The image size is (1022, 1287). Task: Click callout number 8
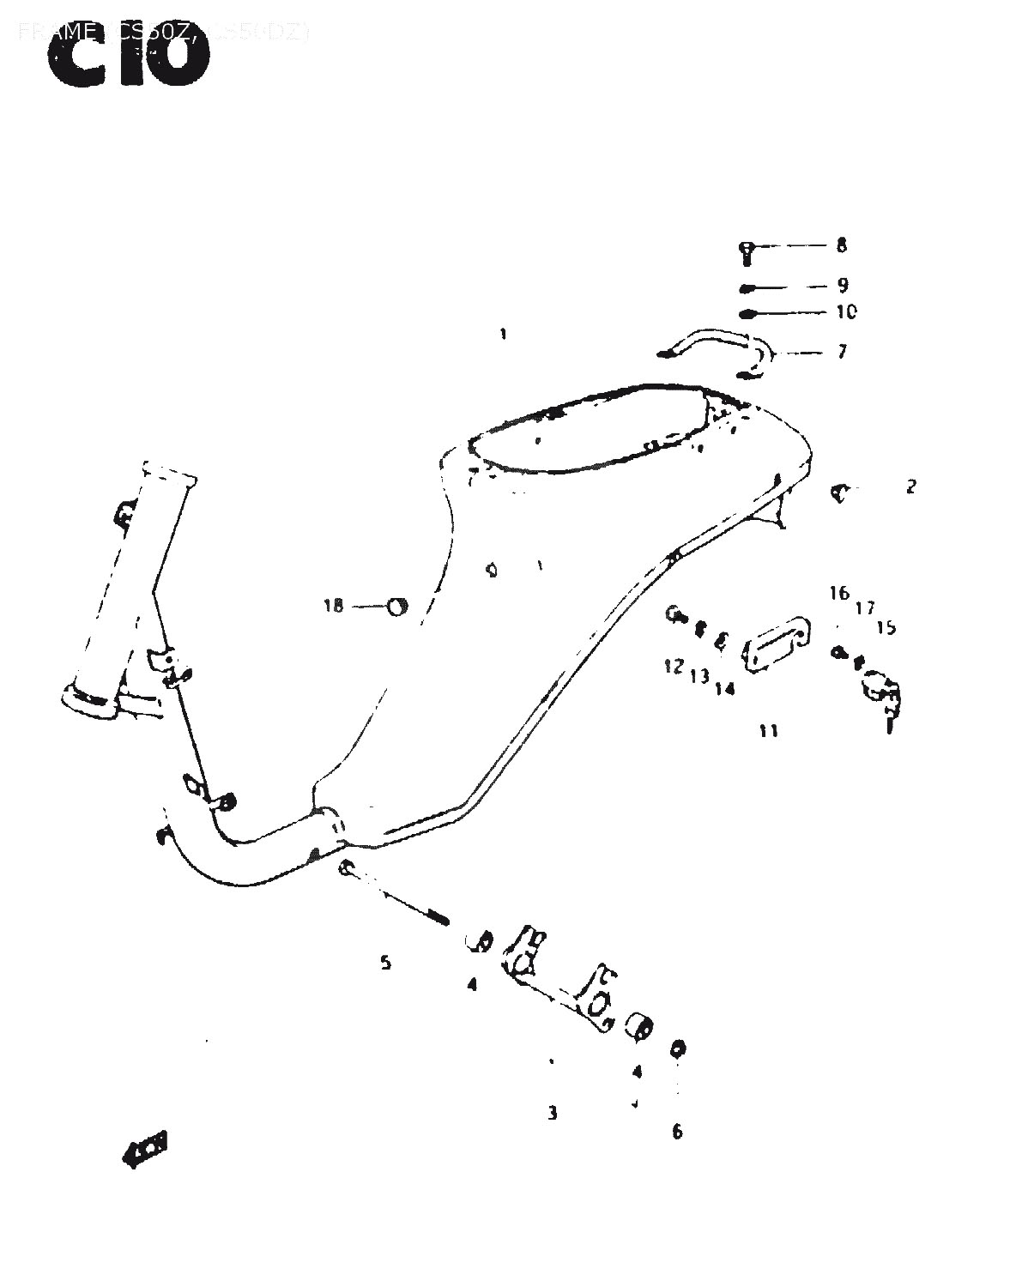[x=841, y=245]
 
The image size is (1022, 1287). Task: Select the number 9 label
[x=842, y=285]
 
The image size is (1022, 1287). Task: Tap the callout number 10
[x=845, y=312]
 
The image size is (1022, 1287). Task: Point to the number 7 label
[x=841, y=352]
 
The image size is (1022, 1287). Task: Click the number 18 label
[x=333, y=607]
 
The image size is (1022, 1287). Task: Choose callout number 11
[x=768, y=731]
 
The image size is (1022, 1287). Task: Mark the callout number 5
[x=386, y=963]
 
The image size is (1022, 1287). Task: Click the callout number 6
[x=677, y=1132]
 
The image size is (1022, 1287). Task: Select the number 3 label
[x=553, y=1114]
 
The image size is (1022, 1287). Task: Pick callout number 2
[x=910, y=486]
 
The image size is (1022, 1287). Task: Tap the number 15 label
[x=886, y=628]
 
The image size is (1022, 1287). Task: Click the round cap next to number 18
[x=398, y=606]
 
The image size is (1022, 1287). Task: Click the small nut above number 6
[x=678, y=1048]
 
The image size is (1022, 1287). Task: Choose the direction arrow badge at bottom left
[x=145, y=1147]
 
